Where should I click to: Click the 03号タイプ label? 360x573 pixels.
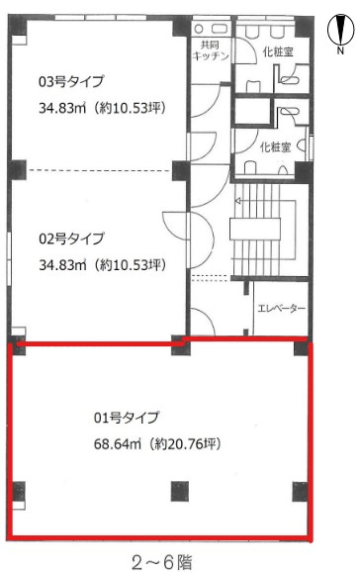pyautogui.click(x=71, y=81)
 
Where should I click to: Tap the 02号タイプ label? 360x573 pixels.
pyautogui.click(x=71, y=239)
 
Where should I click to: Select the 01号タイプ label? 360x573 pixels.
pyautogui.click(x=127, y=418)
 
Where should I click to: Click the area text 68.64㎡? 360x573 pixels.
pyautogui.click(x=118, y=444)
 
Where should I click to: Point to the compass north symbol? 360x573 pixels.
pyautogui.click(x=340, y=30)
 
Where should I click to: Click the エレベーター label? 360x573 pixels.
pyautogui.click(x=281, y=309)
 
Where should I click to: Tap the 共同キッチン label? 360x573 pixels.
pyautogui.click(x=211, y=50)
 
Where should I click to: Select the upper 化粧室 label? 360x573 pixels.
pyautogui.click(x=278, y=51)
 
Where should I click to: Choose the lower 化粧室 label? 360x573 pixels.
pyautogui.click(x=275, y=147)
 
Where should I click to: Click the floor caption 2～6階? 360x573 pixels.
pyautogui.click(x=162, y=562)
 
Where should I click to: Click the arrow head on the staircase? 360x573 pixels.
pyautogui.click(x=237, y=200)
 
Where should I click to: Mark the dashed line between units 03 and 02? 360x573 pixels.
pyautogui.click(x=99, y=170)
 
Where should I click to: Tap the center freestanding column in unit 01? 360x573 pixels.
pyautogui.click(x=180, y=491)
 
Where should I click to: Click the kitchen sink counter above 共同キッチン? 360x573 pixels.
pyautogui.click(x=211, y=29)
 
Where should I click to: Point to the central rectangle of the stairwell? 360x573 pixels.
pyautogui.click(x=255, y=230)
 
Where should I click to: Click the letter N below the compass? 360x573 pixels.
pyautogui.click(x=340, y=50)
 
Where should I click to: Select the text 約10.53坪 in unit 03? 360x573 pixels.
pyautogui.click(x=131, y=108)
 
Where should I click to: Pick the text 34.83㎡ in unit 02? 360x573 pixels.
pyautogui.click(x=62, y=265)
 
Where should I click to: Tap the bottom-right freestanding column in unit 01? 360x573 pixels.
pyautogui.click(x=301, y=492)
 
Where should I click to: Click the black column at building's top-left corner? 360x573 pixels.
pyautogui.click(x=18, y=25)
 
